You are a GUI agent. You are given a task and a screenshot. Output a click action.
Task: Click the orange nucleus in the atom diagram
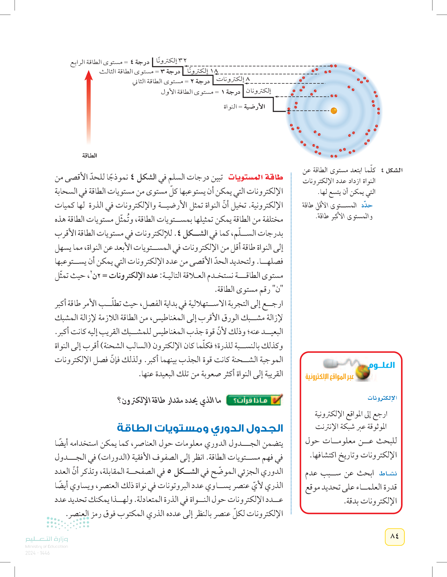coord(334,111)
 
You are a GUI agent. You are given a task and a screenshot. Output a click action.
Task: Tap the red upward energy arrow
coord(89,106)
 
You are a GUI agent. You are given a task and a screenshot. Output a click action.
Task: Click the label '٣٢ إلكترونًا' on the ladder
coord(171,61)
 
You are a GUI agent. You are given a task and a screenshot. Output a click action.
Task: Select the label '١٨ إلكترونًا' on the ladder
coord(202,71)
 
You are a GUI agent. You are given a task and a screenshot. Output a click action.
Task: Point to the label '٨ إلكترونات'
coord(233,79)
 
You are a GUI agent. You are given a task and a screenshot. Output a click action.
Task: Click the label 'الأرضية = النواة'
coord(244,107)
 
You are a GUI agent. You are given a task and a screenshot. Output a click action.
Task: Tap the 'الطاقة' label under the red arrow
coord(89,156)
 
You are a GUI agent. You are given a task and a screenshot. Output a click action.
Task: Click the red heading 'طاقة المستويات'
coord(255,177)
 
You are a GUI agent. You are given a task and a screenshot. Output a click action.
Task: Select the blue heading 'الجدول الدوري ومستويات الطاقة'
coord(200,428)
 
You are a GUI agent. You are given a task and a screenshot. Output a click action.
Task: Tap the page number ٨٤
coord(394,536)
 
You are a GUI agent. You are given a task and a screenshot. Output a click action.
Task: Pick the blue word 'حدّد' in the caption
coord(367,205)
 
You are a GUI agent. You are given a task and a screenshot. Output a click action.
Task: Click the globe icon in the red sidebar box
coord(363,372)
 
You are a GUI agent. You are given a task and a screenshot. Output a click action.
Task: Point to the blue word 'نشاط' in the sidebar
coord(388,473)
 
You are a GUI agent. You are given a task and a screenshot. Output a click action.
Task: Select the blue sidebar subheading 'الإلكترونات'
coord(382,398)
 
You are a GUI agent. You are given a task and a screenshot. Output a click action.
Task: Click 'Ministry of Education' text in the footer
coord(46,546)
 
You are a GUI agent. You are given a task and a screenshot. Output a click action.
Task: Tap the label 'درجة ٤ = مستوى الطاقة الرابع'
coord(110,62)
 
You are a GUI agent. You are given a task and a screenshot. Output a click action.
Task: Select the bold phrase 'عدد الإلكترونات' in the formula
coord(133,276)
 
